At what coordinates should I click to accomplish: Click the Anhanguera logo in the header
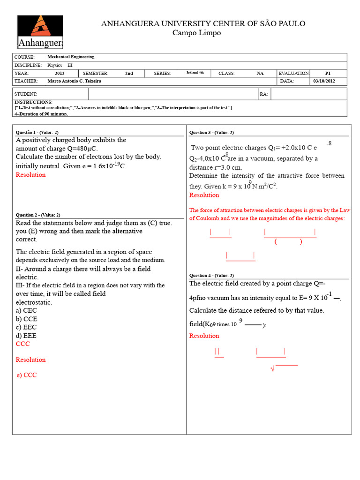(40, 32)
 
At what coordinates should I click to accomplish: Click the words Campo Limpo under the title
(196, 33)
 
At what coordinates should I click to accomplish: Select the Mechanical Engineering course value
(71, 57)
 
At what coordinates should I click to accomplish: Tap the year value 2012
(60, 73)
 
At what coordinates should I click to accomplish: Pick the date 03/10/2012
(324, 81)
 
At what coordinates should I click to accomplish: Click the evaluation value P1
(328, 73)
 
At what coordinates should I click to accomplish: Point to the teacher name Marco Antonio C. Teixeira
(75, 81)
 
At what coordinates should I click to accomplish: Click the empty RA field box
(308, 94)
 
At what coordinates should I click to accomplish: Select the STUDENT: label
(26, 94)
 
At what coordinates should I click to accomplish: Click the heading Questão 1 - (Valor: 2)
(37, 132)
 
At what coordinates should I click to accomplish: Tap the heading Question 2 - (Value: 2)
(38, 215)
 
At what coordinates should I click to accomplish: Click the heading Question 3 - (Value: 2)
(211, 132)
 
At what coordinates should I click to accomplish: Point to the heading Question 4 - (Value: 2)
(211, 275)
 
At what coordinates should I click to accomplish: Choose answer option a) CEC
(26, 310)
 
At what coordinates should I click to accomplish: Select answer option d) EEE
(26, 336)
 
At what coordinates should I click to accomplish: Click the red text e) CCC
(26, 375)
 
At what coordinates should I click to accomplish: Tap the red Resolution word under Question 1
(31, 175)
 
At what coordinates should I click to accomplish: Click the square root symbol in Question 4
(272, 369)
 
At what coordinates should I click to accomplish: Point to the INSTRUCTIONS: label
(33, 102)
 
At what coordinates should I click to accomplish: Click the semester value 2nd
(129, 73)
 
